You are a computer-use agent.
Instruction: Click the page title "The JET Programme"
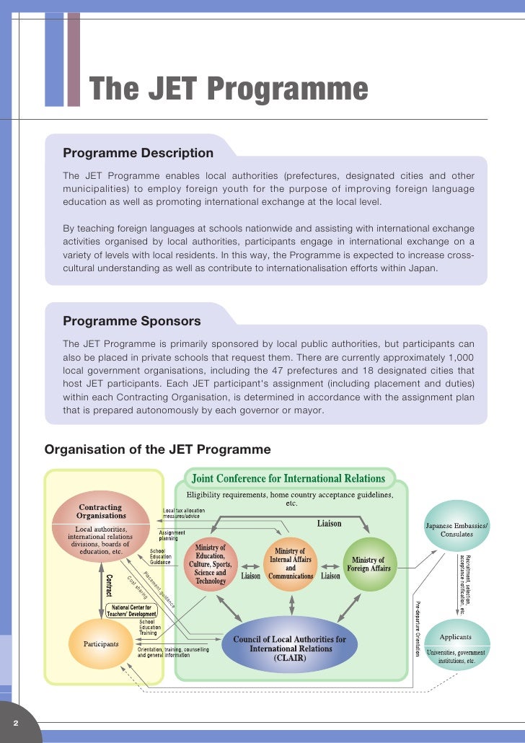pyautogui.click(x=229, y=89)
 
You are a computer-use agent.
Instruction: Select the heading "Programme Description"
pyautogui.click(x=138, y=153)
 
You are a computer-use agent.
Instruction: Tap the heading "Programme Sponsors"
pyautogui.click(x=132, y=321)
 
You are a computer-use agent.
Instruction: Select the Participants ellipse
pyautogui.click(x=101, y=643)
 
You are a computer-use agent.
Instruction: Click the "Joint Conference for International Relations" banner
pyautogui.click(x=288, y=478)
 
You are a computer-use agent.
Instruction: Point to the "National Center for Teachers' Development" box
pyautogui.click(x=131, y=610)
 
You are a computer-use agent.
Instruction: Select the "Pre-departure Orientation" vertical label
pyautogui.click(x=416, y=628)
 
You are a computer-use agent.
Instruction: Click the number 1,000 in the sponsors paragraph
pyautogui.click(x=460, y=358)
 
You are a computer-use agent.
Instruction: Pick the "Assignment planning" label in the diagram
pyautogui.click(x=172, y=536)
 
